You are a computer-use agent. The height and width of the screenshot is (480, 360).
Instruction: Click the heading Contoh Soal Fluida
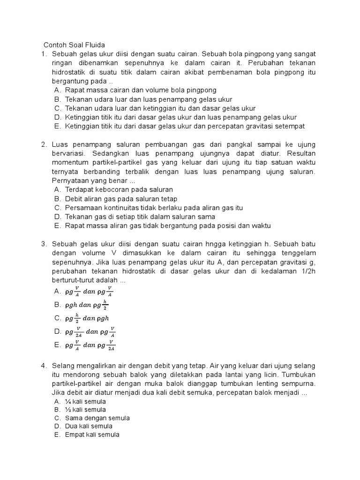(x=74, y=45)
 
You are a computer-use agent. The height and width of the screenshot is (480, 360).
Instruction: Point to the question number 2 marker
(x=44, y=144)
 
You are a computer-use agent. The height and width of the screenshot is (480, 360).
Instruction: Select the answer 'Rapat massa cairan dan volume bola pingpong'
(x=141, y=90)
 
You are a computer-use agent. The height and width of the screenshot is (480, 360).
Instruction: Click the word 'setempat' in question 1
(x=290, y=126)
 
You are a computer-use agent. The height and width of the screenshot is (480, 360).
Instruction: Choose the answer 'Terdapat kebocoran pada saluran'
(x=119, y=189)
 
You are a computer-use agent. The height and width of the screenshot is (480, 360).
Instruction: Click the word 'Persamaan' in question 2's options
(x=82, y=208)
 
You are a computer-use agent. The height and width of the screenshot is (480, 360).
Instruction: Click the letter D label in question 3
(x=57, y=331)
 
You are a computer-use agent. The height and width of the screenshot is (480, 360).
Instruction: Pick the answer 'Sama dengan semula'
(x=97, y=418)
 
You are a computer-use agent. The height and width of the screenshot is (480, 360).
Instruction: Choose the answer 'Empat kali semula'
(x=92, y=435)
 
